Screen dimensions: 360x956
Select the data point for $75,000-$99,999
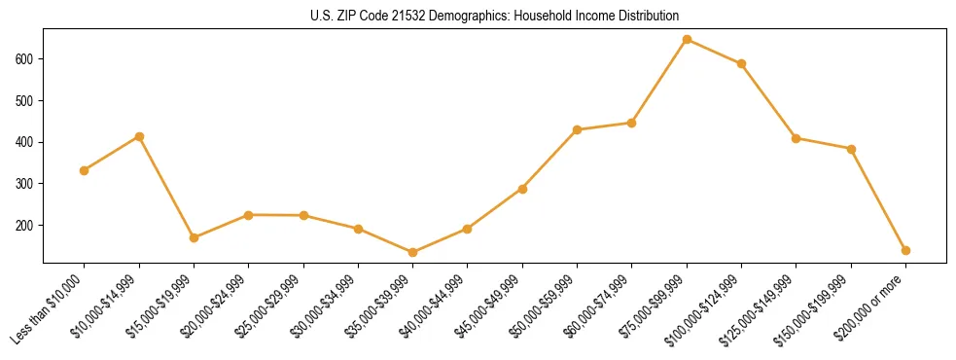687,40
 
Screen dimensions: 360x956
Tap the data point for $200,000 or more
905,250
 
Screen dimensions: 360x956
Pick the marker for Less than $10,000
85,170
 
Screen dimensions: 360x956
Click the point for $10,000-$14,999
139,136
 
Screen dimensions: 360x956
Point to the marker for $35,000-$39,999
412,252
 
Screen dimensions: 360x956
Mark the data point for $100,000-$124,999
741,63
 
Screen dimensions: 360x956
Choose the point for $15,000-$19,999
194,237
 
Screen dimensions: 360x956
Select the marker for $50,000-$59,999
577,129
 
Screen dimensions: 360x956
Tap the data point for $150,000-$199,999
851,149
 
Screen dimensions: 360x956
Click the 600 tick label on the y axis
25,59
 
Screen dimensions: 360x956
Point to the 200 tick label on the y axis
25,225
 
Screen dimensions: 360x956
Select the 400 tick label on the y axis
25,142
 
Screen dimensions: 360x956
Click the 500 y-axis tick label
25,100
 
